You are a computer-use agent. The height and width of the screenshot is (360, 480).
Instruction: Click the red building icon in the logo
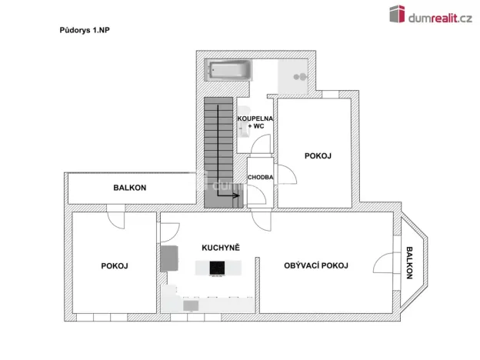tap(398, 15)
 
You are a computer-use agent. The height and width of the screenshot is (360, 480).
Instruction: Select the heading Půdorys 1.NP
tap(85, 30)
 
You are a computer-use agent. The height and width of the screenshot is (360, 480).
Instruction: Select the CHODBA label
tap(260, 178)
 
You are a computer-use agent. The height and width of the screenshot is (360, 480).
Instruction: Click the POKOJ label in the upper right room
tap(318, 156)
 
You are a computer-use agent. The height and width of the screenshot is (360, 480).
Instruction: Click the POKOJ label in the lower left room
tap(114, 265)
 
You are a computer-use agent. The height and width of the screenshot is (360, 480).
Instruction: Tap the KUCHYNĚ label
tap(221, 248)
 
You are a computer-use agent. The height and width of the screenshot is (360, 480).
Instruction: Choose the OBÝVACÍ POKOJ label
tap(315, 265)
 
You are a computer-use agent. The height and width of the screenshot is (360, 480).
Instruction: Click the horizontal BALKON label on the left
tap(130, 187)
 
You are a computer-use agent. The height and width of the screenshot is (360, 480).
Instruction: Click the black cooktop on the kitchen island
tap(218, 268)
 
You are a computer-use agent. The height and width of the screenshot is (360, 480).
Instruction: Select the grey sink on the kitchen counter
tap(190, 306)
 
